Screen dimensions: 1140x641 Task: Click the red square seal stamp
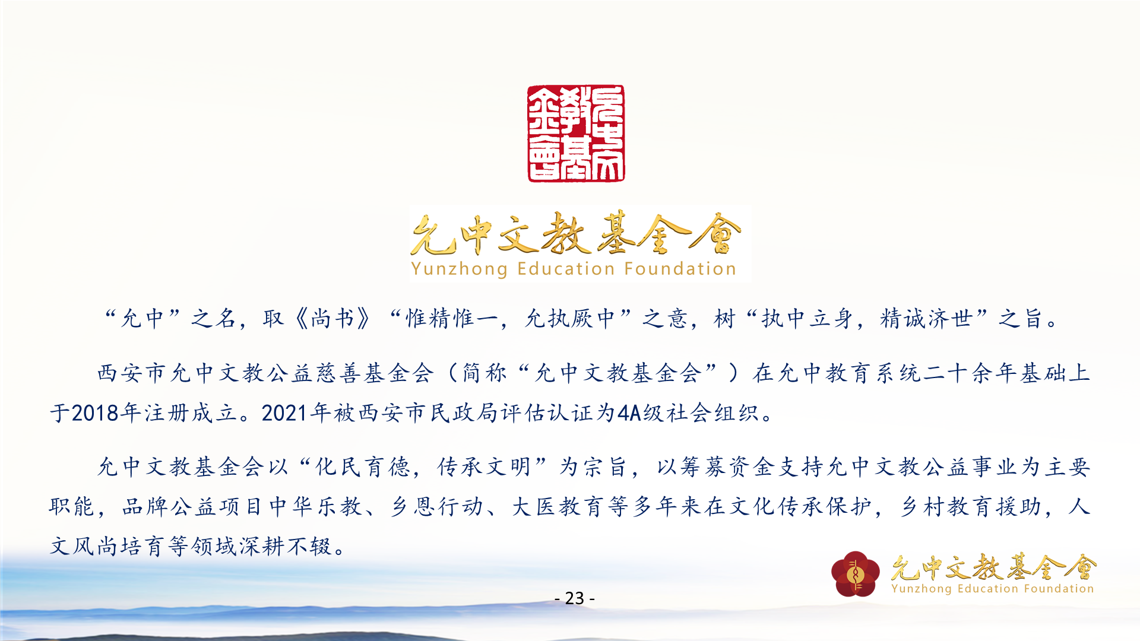[576, 134]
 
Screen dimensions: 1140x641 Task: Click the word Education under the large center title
[566, 269]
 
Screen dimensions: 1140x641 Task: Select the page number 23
[574, 598]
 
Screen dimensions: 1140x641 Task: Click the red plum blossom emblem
[855, 573]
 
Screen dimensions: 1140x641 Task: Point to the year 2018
[96, 413]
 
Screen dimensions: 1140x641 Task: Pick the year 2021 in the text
[286, 413]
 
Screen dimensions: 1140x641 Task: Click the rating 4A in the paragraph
[629, 413]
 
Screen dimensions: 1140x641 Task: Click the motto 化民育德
[363, 467]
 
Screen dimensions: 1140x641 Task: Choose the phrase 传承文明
[484, 467]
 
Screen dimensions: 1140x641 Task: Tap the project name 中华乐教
[316, 507]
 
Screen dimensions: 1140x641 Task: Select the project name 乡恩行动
[437, 507]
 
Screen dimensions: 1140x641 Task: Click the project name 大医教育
[558, 507]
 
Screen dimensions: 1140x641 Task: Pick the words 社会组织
[712, 413]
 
